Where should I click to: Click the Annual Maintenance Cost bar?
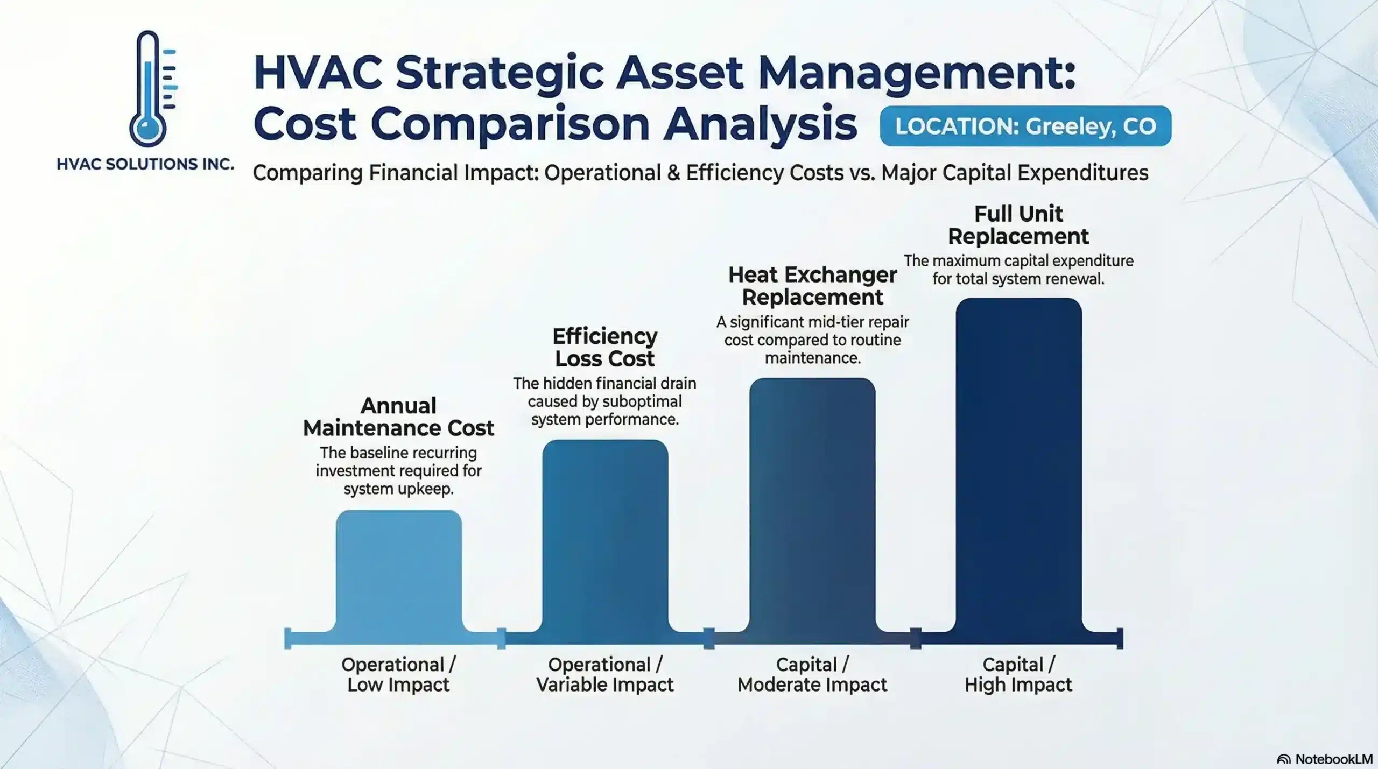pyautogui.click(x=398, y=573)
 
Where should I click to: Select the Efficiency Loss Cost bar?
pyautogui.click(x=605, y=538)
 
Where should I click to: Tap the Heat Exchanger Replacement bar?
pyautogui.click(x=812, y=506)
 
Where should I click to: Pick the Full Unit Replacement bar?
pyautogui.click(x=1018, y=465)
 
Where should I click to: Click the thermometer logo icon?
pyautogui.click(x=151, y=89)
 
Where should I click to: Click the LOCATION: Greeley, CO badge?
pyautogui.click(x=1025, y=126)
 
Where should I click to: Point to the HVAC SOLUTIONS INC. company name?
pyautogui.click(x=145, y=164)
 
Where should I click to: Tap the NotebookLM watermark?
pyautogui.click(x=1325, y=759)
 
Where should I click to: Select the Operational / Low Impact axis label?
pyautogui.click(x=398, y=674)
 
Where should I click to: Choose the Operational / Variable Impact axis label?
pyautogui.click(x=605, y=674)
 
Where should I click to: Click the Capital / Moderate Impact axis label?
pyautogui.click(x=812, y=674)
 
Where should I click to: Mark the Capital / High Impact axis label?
pyautogui.click(x=1018, y=674)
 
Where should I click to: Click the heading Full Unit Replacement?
pyautogui.click(x=1018, y=225)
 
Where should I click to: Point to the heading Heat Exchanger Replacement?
pyautogui.click(x=812, y=286)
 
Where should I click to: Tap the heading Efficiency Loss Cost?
pyautogui.click(x=605, y=347)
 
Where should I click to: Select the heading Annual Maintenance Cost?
pyautogui.click(x=398, y=417)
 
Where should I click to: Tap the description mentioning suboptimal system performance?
pyautogui.click(x=605, y=401)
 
